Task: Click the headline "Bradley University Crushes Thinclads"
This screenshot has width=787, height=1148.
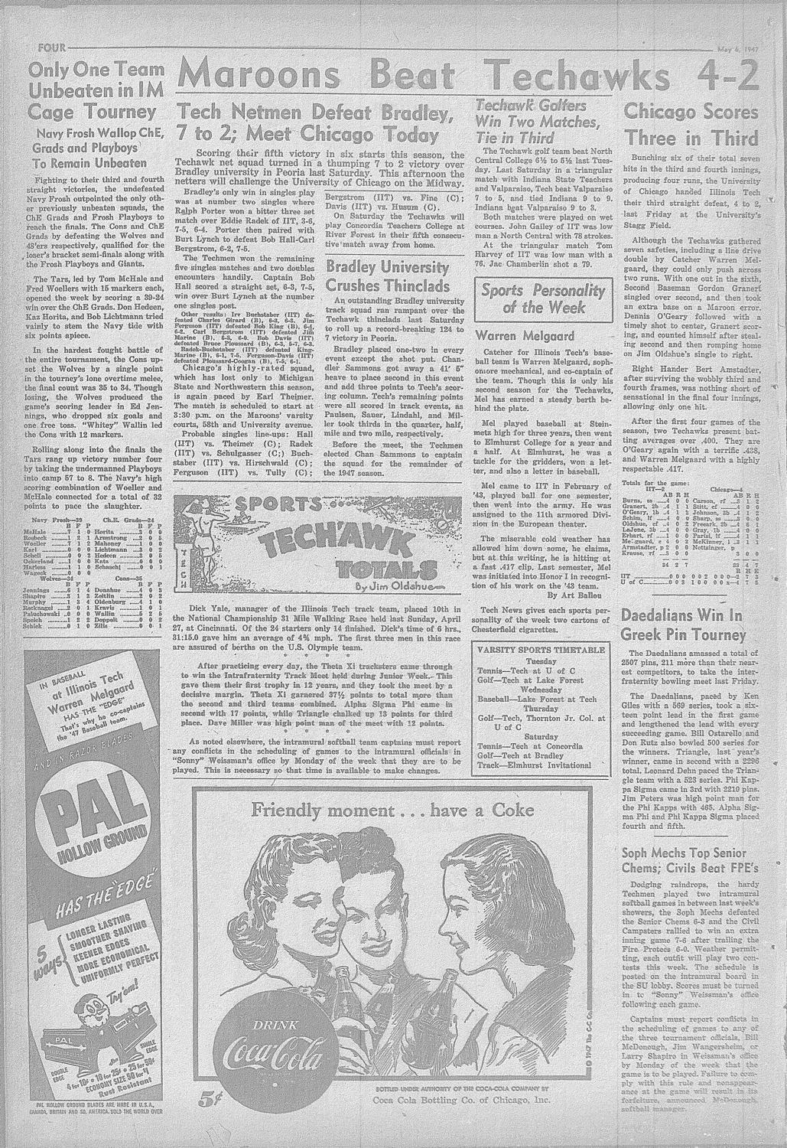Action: point(387,276)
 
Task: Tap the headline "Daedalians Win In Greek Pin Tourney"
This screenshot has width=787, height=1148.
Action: point(682,625)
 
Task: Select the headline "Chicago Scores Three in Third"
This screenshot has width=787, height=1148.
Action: point(691,126)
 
